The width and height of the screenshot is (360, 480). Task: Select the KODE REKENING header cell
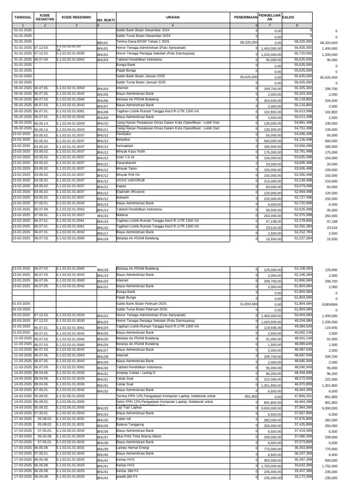pyautogui.click(x=76, y=17)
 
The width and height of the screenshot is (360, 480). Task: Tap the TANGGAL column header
pyautogui.click(x=22, y=17)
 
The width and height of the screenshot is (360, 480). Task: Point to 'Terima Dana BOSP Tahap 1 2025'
pyautogui.click(x=142, y=42)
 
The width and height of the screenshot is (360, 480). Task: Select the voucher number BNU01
pyautogui.click(x=103, y=48)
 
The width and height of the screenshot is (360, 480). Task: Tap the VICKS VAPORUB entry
pyautogui.click(x=128, y=180)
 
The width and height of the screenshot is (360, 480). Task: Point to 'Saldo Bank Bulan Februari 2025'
pyautogui.click(x=141, y=304)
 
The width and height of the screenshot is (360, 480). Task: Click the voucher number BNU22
pyautogui.click(x=103, y=316)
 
